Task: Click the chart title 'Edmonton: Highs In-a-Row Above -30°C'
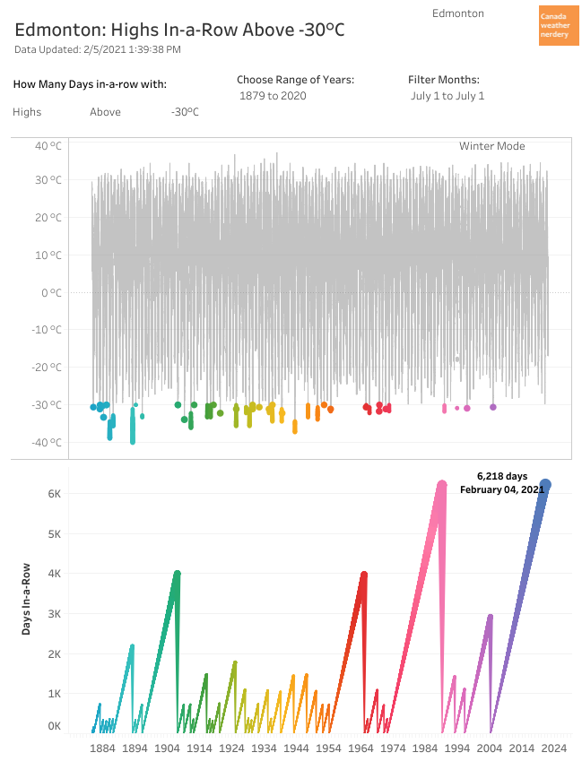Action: [179, 30]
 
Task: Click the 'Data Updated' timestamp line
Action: [98, 49]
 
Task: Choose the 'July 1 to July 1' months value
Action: [447, 96]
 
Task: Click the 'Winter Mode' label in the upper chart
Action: [491, 146]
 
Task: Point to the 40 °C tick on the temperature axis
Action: [48, 145]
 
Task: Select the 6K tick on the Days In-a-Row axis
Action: [53, 494]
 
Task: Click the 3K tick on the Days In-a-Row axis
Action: [53, 614]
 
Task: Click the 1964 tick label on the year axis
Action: [360, 748]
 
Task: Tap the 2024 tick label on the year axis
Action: [553, 748]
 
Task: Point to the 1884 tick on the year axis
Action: [102, 748]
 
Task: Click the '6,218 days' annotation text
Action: [502, 476]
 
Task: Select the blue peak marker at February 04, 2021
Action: [544, 484]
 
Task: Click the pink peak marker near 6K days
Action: [441, 485]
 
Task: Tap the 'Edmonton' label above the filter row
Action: [457, 13]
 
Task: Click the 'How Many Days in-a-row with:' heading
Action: [90, 84]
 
